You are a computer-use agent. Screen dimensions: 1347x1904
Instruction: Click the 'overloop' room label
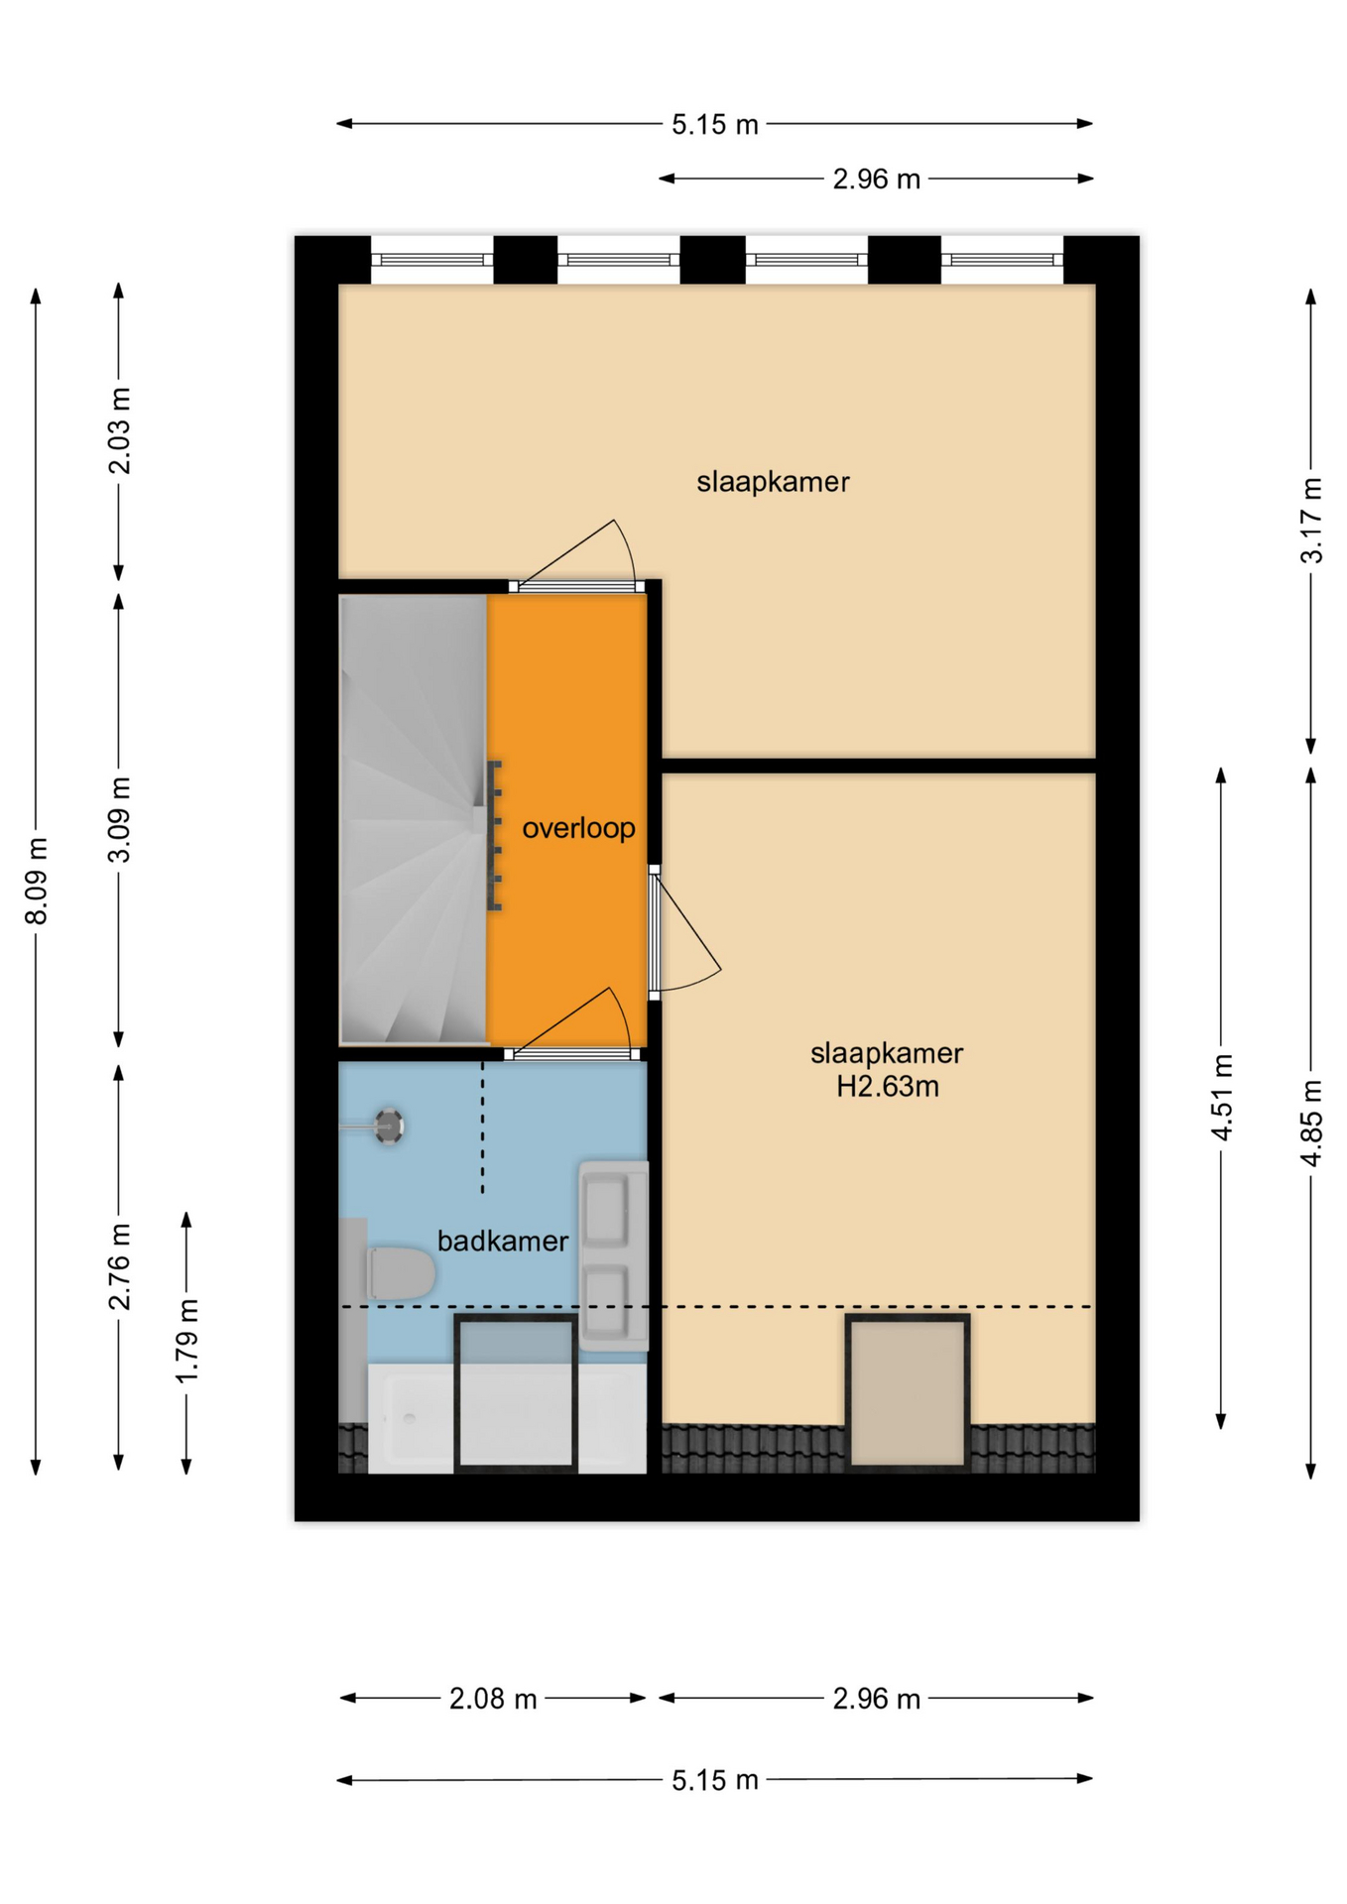[x=578, y=828]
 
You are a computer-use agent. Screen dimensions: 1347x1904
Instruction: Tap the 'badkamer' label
[x=503, y=1241]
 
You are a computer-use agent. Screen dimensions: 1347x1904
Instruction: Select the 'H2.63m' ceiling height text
[x=887, y=1087]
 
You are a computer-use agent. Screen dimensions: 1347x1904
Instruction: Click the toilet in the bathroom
[x=400, y=1273]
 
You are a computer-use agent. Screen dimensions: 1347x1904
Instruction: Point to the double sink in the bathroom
[x=613, y=1255]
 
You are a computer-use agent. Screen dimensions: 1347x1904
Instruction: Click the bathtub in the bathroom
[x=507, y=1418]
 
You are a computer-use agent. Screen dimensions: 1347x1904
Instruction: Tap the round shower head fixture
[x=388, y=1126]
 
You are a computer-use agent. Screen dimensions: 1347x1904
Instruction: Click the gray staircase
[x=414, y=818]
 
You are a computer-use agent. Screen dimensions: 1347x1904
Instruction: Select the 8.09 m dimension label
[x=37, y=881]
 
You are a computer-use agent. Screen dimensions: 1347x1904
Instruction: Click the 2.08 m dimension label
[x=493, y=1700]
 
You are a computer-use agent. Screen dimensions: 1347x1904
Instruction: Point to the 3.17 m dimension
[x=1311, y=521]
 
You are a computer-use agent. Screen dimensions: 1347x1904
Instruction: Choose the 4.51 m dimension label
[x=1222, y=1097]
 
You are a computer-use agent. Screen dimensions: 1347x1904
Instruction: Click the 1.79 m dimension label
[x=186, y=1342]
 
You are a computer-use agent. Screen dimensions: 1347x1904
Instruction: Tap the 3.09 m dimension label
[x=119, y=820]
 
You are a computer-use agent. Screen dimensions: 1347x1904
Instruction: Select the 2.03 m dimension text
[x=119, y=431]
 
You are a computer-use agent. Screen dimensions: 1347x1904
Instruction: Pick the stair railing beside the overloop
[x=494, y=835]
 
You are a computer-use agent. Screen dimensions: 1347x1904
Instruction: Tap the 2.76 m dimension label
[x=119, y=1266]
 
